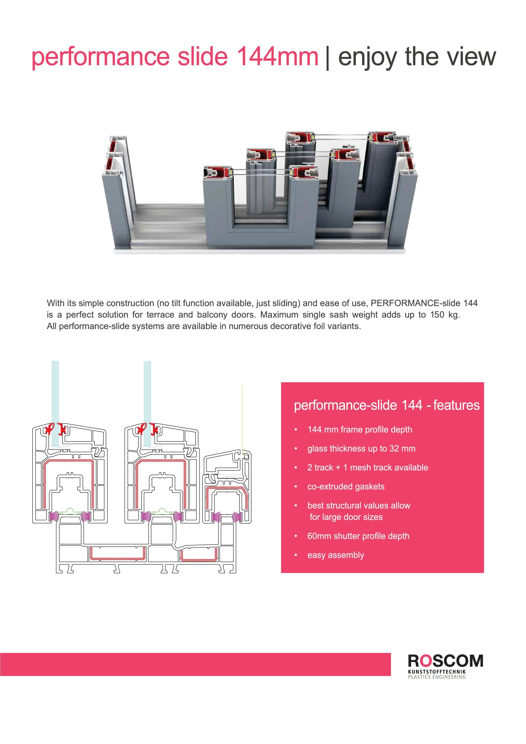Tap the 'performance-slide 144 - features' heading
pos(386,405)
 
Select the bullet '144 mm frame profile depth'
pos(360,430)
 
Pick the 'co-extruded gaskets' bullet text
pos(346,487)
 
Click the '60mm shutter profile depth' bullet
pos(358,536)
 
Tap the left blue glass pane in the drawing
pos(55,399)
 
